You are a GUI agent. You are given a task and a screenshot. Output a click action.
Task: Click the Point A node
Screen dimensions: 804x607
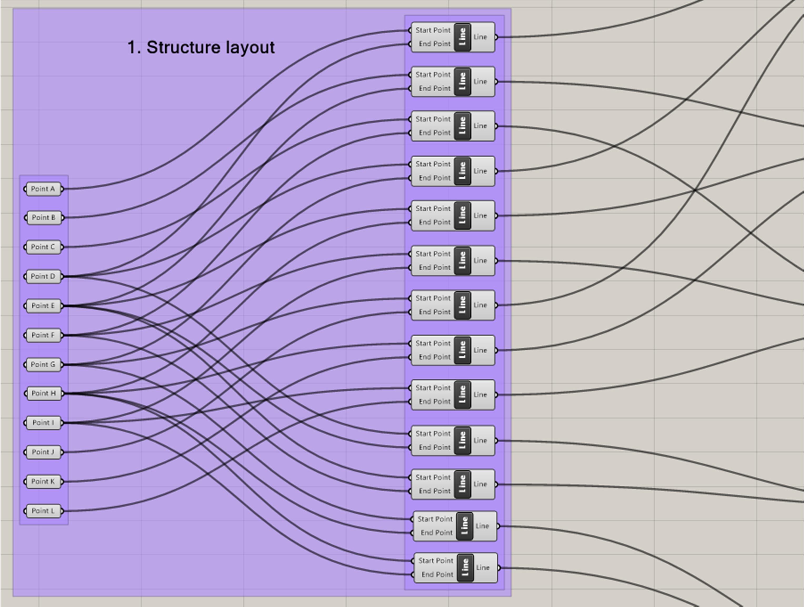(x=43, y=189)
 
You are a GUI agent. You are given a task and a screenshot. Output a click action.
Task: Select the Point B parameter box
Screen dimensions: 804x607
(x=44, y=218)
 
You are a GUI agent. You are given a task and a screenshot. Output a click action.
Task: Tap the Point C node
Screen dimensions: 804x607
(x=43, y=247)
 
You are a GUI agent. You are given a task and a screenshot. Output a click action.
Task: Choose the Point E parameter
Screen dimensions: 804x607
(x=43, y=306)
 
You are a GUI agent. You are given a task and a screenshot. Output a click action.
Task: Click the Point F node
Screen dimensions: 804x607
(x=43, y=335)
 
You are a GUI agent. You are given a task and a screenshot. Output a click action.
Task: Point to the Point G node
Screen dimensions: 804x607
(x=43, y=365)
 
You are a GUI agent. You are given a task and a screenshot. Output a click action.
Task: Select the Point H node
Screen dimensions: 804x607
(x=44, y=393)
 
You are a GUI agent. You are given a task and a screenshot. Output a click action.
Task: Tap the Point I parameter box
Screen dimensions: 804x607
(x=43, y=423)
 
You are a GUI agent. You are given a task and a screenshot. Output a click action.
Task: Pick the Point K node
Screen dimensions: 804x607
(x=43, y=482)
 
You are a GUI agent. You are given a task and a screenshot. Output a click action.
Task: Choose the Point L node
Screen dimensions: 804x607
(x=43, y=511)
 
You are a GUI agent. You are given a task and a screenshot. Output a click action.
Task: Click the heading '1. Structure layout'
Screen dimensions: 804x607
(x=201, y=48)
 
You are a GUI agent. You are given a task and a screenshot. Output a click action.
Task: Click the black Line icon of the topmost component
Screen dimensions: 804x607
(x=462, y=37)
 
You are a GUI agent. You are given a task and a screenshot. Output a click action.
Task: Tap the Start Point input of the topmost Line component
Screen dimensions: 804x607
(x=433, y=31)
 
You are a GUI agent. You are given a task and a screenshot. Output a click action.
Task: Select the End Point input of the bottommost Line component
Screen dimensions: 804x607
(x=437, y=575)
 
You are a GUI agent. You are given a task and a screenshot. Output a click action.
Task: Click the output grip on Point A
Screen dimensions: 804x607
(x=62, y=189)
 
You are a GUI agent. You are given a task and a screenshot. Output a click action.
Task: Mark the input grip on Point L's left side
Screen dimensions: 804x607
(x=25, y=511)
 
